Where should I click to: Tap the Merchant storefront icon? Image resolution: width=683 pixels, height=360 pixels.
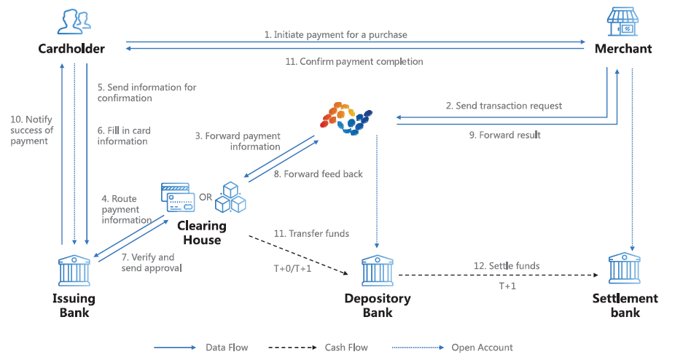point(624,22)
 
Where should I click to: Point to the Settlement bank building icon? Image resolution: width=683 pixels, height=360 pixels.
point(625,269)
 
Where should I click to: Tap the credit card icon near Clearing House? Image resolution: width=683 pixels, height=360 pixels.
point(178,196)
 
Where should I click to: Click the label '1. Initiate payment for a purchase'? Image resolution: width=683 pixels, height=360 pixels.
point(335,34)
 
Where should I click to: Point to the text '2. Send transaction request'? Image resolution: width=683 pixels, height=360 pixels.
point(504,106)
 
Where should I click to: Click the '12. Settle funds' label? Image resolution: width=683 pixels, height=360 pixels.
point(507,266)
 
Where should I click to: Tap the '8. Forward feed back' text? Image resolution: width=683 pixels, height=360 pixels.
point(318,174)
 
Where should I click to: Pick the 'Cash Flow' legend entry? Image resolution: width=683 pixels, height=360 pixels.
point(346,348)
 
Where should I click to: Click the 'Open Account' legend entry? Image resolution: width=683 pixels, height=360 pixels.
point(482,348)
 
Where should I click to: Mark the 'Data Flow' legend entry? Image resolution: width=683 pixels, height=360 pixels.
point(227,348)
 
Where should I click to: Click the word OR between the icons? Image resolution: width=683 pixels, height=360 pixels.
point(206,196)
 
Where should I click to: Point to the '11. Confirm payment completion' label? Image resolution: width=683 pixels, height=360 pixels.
point(354,62)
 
